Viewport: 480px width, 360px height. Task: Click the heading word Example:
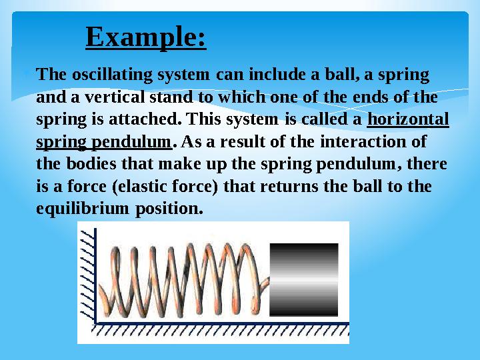click(x=146, y=37)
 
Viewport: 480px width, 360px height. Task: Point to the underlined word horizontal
click(x=408, y=120)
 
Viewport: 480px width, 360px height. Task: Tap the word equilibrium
click(x=75, y=209)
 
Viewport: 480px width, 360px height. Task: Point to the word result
click(x=254, y=143)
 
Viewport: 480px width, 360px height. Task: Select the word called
click(x=324, y=120)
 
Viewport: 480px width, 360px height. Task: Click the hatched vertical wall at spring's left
click(x=87, y=273)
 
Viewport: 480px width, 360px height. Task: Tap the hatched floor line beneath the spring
click(x=220, y=329)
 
